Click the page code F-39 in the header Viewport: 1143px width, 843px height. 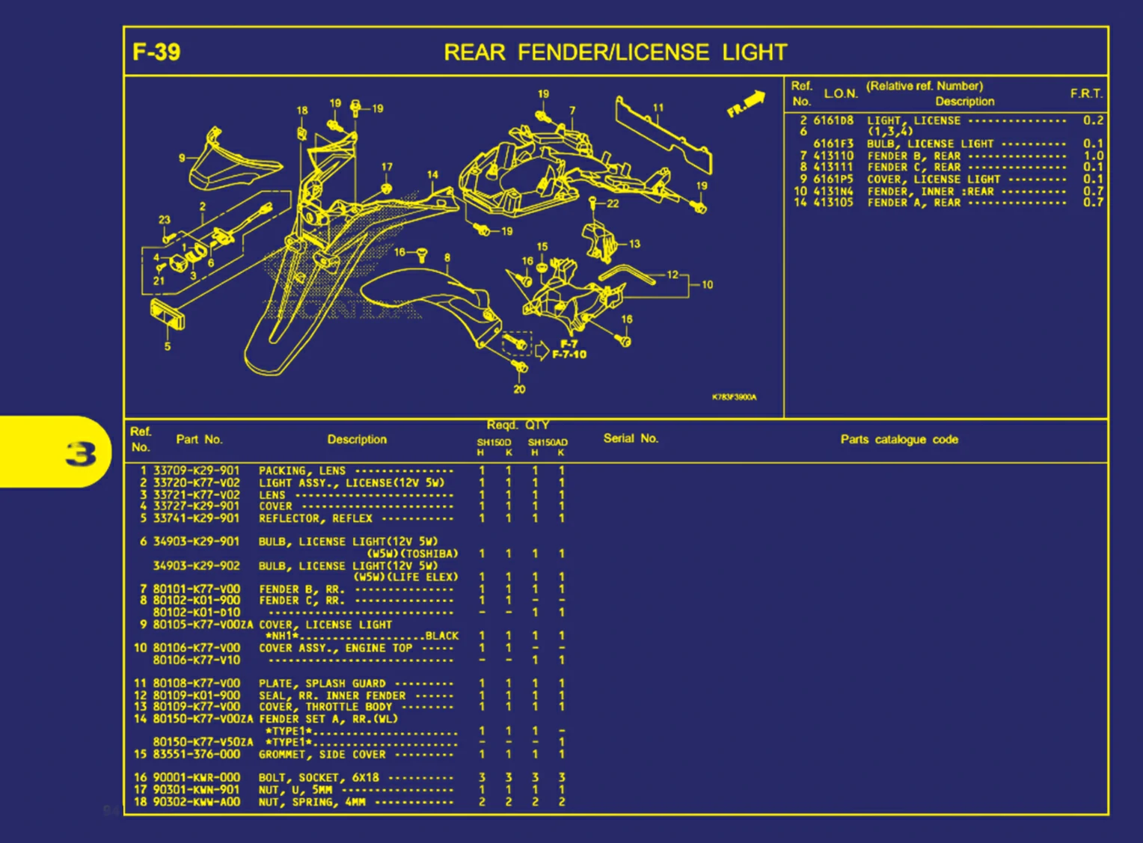156,52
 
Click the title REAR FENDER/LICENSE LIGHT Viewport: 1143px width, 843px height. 615,52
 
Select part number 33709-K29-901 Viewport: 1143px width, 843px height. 196,470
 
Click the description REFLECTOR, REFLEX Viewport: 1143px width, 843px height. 315,518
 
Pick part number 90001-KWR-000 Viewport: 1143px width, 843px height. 196,778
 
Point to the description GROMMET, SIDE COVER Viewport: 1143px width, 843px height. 322,754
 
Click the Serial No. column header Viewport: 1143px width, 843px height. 630,438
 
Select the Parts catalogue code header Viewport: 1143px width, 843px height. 898,439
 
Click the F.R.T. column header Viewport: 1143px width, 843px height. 1085,94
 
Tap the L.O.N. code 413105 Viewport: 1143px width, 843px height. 833,202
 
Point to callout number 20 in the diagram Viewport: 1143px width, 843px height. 519,389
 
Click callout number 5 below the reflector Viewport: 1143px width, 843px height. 168,346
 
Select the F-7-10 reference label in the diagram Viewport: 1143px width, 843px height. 569,355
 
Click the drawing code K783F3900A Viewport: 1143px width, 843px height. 734,397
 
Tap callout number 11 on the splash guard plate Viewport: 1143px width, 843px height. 658,108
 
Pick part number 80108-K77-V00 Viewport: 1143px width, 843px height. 196,683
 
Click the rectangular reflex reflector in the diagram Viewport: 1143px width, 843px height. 167,314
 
